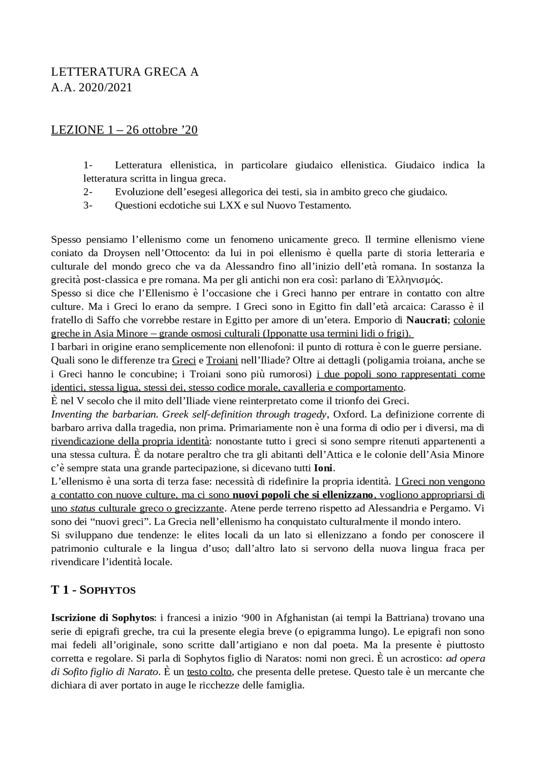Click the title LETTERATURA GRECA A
pos(125,72)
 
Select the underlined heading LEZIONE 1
pos(124,130)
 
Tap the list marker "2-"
pos(88,192)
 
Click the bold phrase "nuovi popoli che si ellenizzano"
pos(303,495)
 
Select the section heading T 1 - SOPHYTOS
pos(93,590)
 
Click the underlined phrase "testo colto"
pos(209,672)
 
